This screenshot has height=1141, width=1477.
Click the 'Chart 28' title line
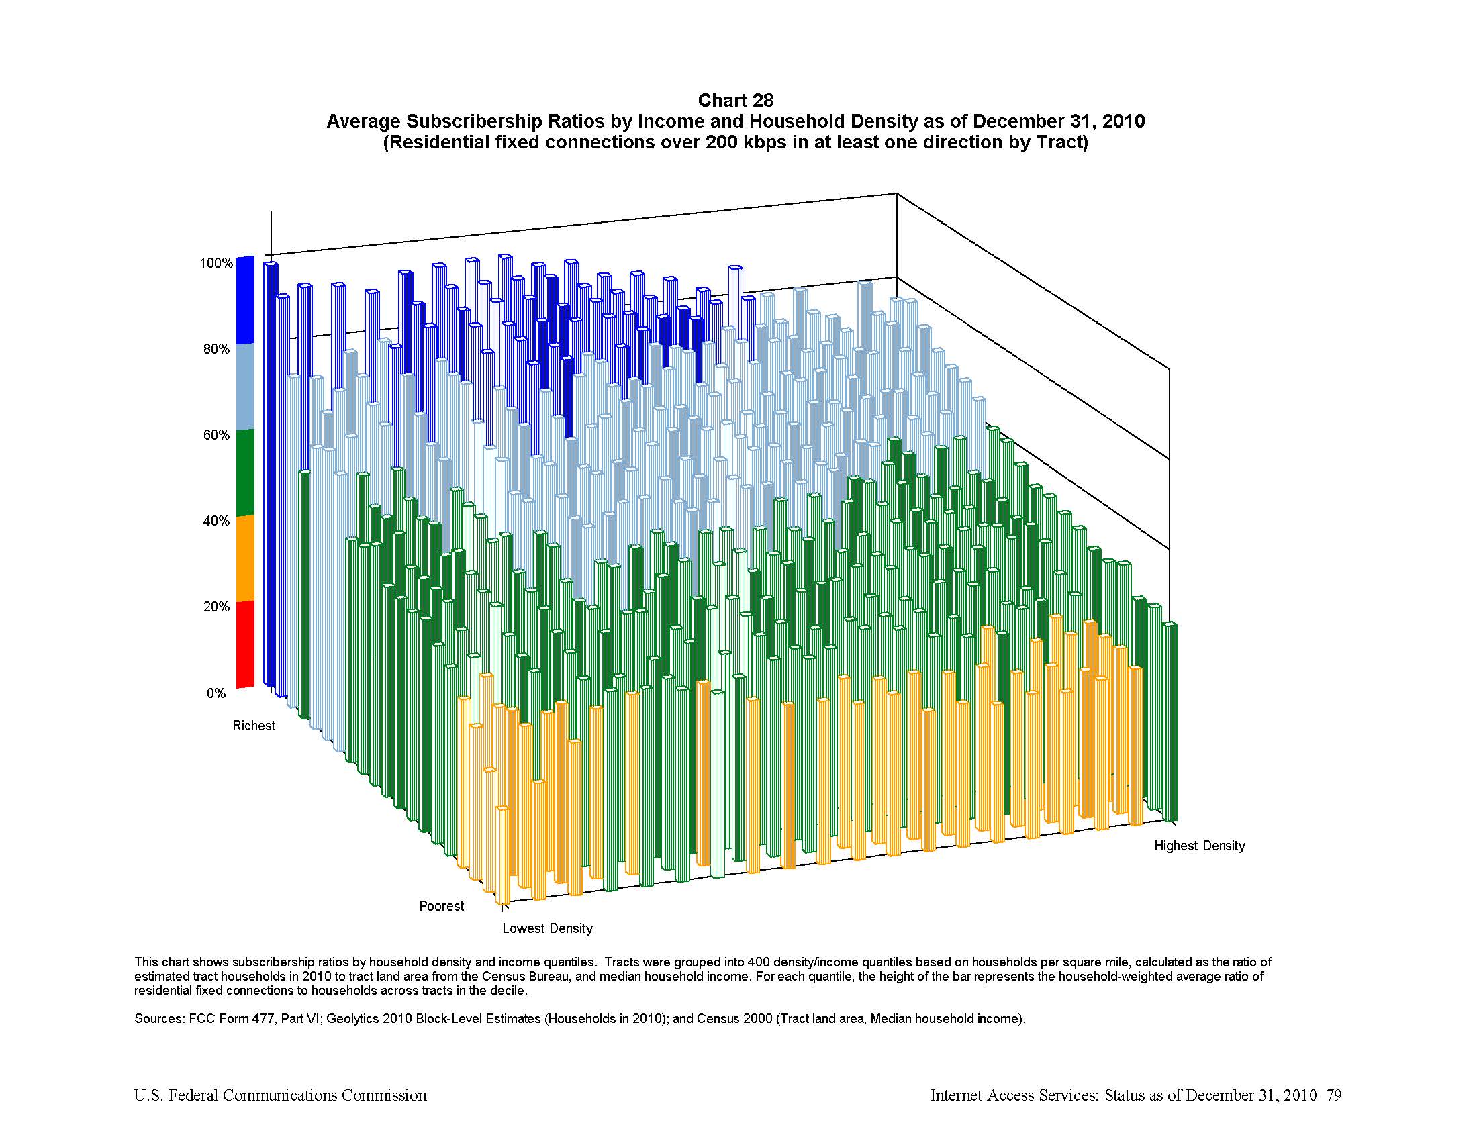click(x=735, y=101)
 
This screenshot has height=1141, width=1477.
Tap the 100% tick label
click(x=216, y=263)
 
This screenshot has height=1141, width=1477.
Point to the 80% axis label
click(x=216, y=349)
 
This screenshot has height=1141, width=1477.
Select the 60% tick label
click(x=216, y=435)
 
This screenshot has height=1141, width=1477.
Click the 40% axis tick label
click(x=216, y=520)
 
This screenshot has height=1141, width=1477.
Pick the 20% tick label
click(x=216, y=606)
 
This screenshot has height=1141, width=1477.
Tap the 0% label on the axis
click(x=216, y=693)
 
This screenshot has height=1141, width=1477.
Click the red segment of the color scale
click(x=245, y=644)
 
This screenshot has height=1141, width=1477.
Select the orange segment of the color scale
click(x=245, y=558)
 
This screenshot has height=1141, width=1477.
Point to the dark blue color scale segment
click(x=245, y=300)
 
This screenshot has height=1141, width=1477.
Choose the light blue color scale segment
click(x=245, y=386)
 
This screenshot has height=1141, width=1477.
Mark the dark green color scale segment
click(x=245, y=472)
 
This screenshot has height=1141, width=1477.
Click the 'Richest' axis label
click(x=254, y=726)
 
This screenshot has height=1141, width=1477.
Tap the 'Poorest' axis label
click(x=441, y=906)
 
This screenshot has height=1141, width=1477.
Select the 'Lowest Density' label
click(x=547, y=928)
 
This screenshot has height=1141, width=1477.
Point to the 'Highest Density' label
click(x=1199, y=846)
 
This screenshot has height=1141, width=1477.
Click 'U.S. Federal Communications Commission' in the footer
click(x=280, y=1095)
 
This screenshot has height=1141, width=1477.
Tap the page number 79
click(x=1333, y=1095)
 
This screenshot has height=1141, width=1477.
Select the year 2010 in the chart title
click(x=1123, y=121)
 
